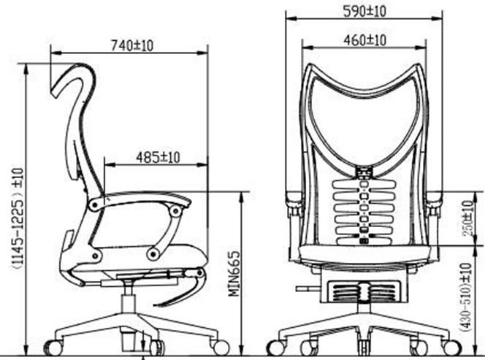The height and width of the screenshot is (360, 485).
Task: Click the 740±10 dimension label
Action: pos(132,46)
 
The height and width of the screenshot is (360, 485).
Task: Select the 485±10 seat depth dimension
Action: pos(158,158)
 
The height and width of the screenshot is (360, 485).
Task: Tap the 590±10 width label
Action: pos(365,12)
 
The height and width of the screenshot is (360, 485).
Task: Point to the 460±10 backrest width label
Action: pos(365,40)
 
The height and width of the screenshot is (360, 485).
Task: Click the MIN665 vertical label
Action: pos(234,273)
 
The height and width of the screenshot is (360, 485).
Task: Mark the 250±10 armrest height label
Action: pos(468,218)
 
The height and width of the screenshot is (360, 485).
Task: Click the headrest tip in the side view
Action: pos(55,92)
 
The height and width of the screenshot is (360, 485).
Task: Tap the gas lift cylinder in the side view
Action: pos(129,302)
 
